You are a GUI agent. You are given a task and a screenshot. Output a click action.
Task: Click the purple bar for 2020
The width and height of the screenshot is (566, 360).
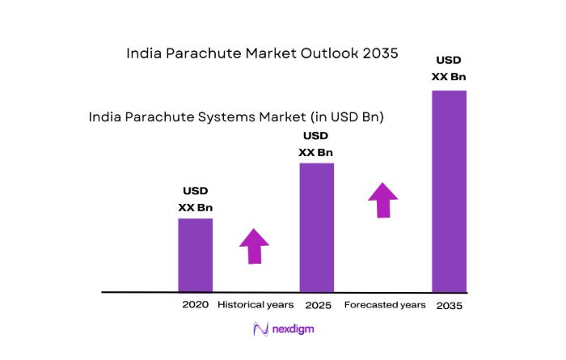(196, 255)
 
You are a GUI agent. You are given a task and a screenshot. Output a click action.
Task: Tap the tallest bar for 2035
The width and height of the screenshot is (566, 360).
(449, 190)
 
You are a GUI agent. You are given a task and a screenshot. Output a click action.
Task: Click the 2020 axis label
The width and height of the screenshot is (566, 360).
(196, 305)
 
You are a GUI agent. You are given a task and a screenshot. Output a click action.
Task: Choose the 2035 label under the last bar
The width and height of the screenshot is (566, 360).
(449, 306)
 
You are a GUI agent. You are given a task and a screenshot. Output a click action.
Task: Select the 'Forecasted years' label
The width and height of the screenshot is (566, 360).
(384, 305)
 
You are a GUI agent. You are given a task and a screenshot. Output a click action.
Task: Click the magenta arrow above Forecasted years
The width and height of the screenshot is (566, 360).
(383, 199)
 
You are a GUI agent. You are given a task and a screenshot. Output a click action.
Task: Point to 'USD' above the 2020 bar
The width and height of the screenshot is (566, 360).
(196, 191)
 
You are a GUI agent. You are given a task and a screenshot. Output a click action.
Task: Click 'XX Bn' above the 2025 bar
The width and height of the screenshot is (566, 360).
(316, 152)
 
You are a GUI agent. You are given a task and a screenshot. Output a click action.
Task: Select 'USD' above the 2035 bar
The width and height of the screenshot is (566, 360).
(449, 60)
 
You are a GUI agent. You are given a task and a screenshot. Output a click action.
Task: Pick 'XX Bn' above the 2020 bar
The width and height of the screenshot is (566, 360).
(196, 208)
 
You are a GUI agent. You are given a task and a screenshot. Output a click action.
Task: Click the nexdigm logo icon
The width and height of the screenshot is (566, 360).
(260, 329)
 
